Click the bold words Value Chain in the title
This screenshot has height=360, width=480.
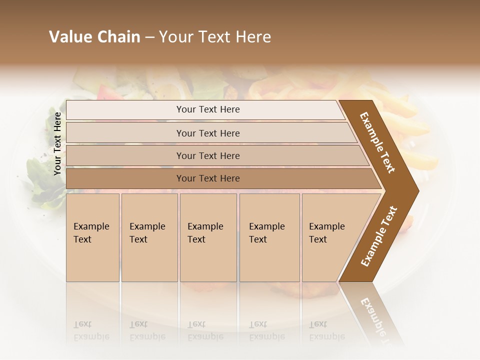pyautogui.click(x=94, y=37)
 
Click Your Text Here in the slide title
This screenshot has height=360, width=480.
pyautogui.click(x=215, y=37)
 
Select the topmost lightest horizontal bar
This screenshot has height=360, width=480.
pyautogui.click(x=207, y=109)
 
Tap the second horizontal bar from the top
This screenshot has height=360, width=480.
pyautogui.click(x=207, y=133)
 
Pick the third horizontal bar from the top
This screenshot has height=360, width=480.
pyautogui.click(x=207, y=155)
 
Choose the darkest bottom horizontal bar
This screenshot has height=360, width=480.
pyautogui.click(x=207, y=178)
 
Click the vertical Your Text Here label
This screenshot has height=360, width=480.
pyautogui.click(x=57, y=143)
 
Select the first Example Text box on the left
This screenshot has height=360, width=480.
pyautogui.click(x=92, y=237)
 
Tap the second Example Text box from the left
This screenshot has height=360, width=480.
pyautogui.click(x=149, y=237)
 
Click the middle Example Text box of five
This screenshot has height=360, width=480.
pyautogui.click(x=208, y=237)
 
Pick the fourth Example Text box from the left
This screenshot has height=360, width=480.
pyautogui.click(x=269, y=237)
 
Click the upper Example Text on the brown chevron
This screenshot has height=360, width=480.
pyautogui.click(x=378, y=142)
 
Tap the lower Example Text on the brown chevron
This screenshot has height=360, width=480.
pyautogui.click(x=379, y=236)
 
